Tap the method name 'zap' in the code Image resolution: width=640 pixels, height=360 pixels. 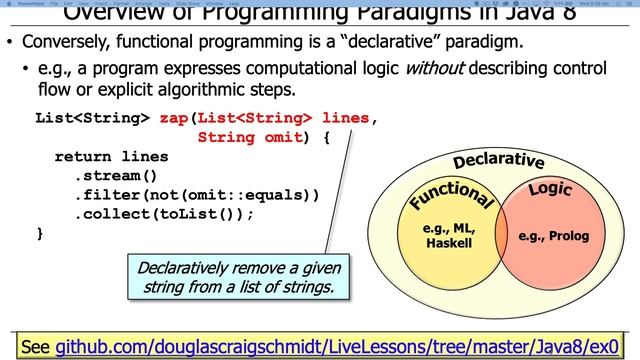(174, 118)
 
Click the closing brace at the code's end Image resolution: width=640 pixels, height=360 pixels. (40, 233)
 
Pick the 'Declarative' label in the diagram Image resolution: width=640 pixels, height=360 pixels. (498, 161)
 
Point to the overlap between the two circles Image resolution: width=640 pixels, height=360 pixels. (505, 236)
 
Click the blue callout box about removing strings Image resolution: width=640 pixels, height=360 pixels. (239, 277)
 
